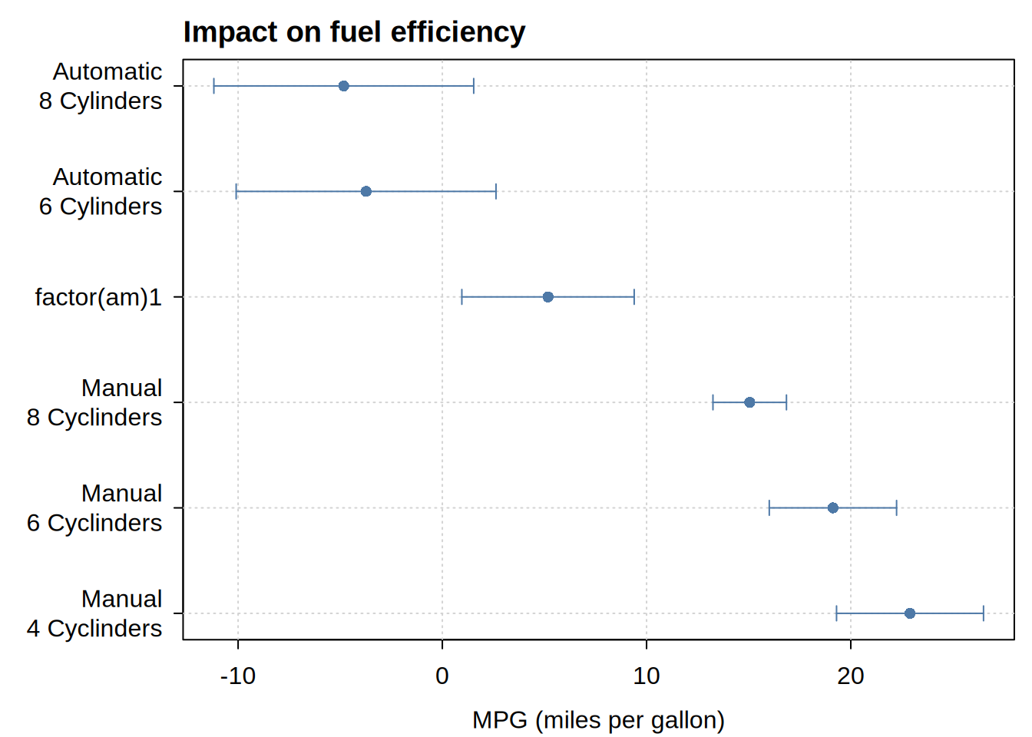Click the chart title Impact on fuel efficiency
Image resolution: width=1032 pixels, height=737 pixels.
(354, 32)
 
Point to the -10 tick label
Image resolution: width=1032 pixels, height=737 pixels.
(238, 676)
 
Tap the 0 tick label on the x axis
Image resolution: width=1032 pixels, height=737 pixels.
(442, 676)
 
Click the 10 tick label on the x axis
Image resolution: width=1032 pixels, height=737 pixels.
(647, 676)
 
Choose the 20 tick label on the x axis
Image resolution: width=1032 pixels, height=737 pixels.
(851, 676)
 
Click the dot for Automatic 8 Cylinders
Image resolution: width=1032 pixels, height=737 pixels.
(344, 86)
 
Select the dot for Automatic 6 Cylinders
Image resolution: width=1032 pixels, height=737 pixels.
(366, 192)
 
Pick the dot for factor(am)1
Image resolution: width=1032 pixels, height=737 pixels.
(547, 297)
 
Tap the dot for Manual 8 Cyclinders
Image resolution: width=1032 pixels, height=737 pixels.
(749, 402)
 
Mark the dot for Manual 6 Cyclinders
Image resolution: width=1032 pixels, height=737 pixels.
(833, 508)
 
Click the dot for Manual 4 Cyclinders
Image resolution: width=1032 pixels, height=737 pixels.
(910, 613)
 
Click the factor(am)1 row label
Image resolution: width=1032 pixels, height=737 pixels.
(98, 298)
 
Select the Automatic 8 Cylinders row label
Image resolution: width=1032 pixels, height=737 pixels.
(101, 86)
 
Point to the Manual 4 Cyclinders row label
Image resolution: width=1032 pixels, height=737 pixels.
(94, 614)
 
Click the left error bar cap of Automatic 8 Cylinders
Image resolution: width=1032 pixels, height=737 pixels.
(213, 86)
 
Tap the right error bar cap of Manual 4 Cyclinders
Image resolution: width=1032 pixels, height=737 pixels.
(984, 613)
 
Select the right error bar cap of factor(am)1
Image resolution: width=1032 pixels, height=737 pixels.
(634, 297)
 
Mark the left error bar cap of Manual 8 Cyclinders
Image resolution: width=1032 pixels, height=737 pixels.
(713, 402)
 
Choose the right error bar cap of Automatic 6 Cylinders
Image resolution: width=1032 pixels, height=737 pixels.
(496, 192)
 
